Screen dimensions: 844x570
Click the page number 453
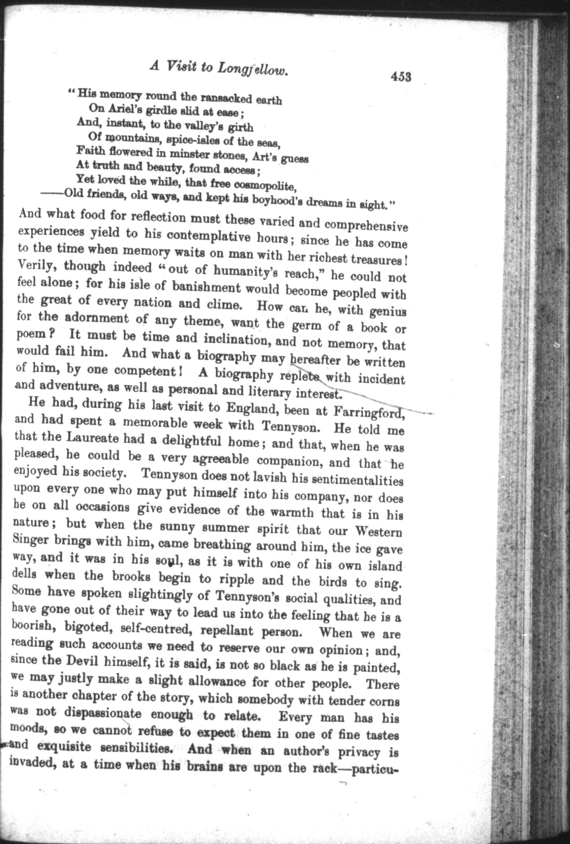[x=401, y=77]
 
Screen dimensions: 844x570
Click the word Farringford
[x=368, y=411]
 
